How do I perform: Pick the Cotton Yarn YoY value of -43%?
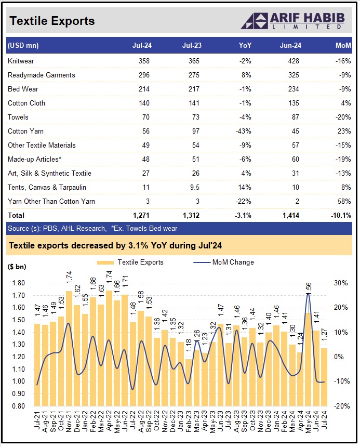point(244,132)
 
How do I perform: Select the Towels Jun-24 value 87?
point(294,117)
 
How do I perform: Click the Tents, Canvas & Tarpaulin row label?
point(47,187)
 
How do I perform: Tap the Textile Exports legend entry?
point(134,262)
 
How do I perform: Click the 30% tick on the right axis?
point(341,283)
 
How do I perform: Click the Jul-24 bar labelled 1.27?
point(324,376)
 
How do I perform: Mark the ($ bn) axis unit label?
point(17,267)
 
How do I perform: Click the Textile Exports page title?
point(52,21)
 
